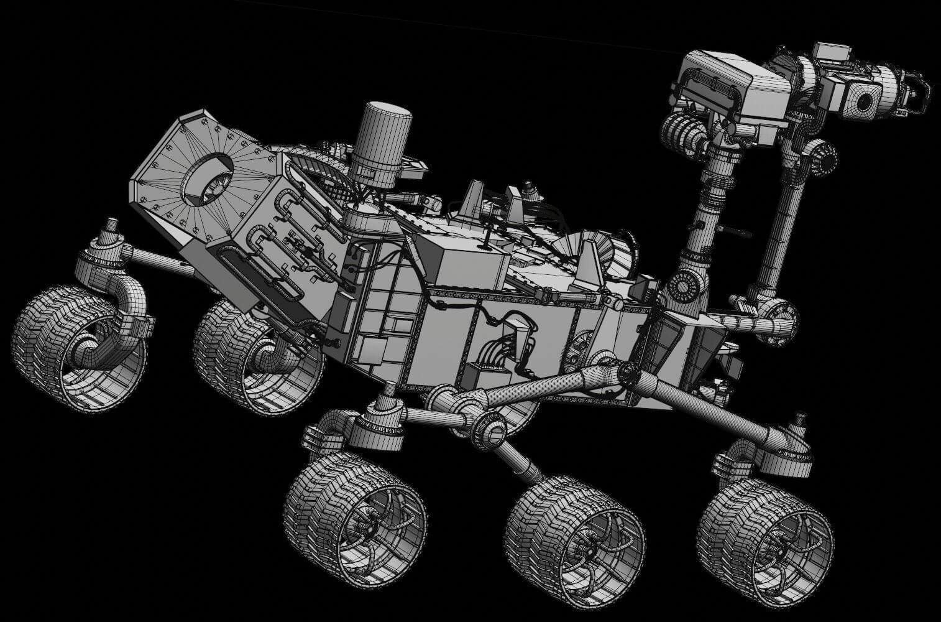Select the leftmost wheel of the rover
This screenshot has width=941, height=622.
click(x=78, y=348)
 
